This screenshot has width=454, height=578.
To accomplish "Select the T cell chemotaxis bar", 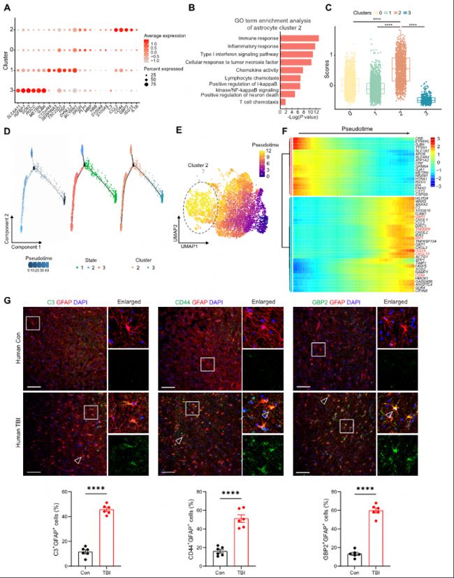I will [282, 101].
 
